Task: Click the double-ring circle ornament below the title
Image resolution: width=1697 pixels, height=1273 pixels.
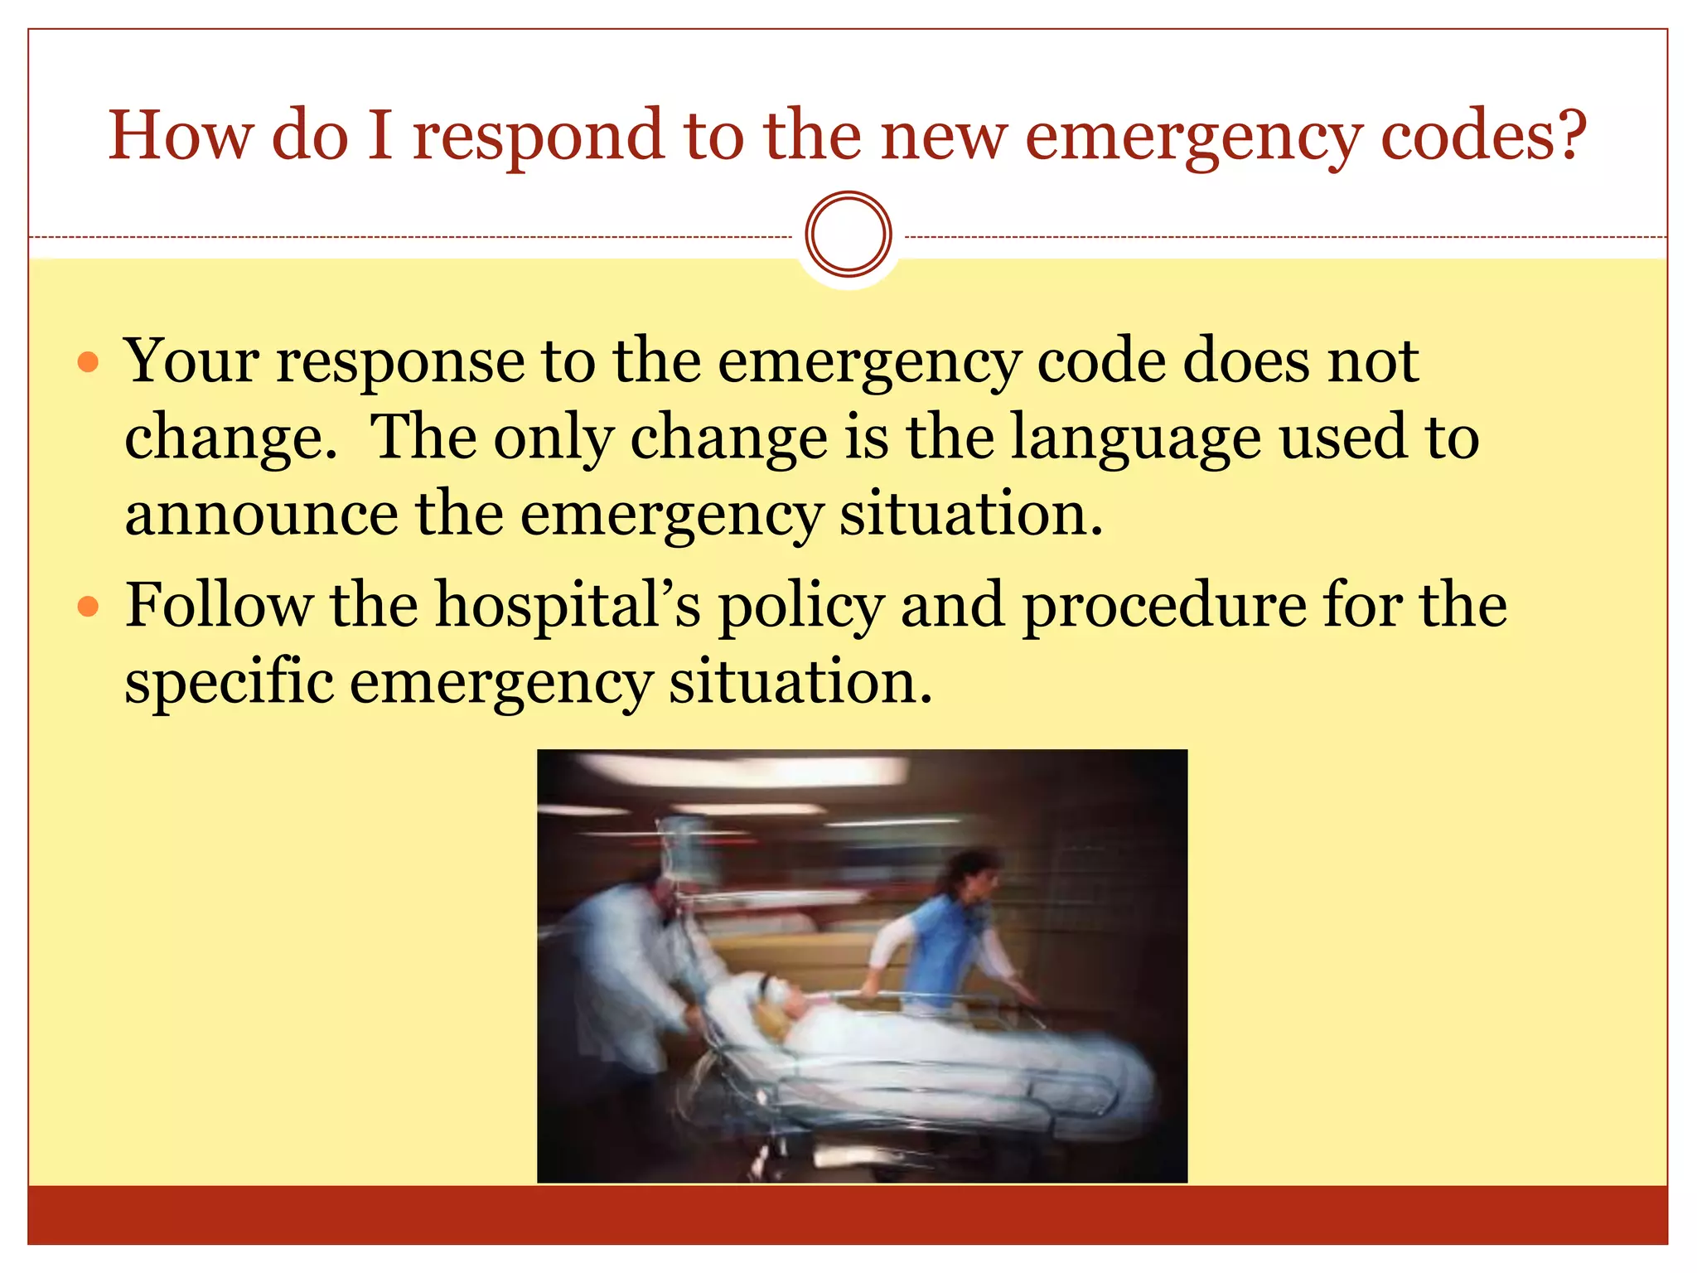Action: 848,235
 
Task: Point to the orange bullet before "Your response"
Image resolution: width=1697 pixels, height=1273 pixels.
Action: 88,363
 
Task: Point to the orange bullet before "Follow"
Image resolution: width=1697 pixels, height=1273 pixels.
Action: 88,607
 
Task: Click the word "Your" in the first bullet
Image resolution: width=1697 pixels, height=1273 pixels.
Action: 191,361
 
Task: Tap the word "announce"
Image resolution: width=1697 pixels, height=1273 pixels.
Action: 261,515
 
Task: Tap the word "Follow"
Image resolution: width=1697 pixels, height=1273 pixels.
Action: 219,605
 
